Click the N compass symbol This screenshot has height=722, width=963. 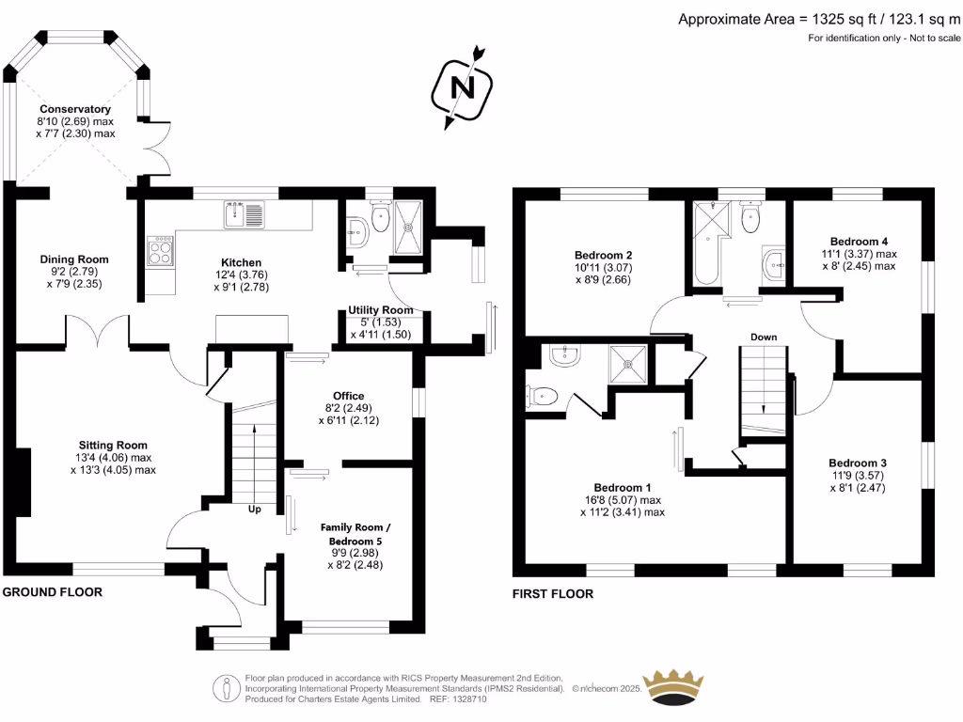(x=462, y=87)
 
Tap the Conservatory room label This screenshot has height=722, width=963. (x=75, y=109)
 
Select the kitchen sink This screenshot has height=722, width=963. (x=245, y=214)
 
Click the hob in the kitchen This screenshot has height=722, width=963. (x=160, y=250)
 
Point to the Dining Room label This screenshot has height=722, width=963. (x=74, y=259)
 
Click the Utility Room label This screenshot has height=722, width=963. (x=381, y=309)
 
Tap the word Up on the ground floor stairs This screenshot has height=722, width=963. (x=254, y=510)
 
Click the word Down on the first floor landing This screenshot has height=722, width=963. (x=763, y=336)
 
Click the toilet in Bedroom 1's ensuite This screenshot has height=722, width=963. (x=543, y=397)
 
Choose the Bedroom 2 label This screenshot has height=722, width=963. (x=603, y=255)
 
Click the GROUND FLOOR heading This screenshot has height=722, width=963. (x=52, y=592)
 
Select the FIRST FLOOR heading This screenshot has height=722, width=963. (x=553, y=594)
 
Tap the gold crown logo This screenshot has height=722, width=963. (x=671, y=688)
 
